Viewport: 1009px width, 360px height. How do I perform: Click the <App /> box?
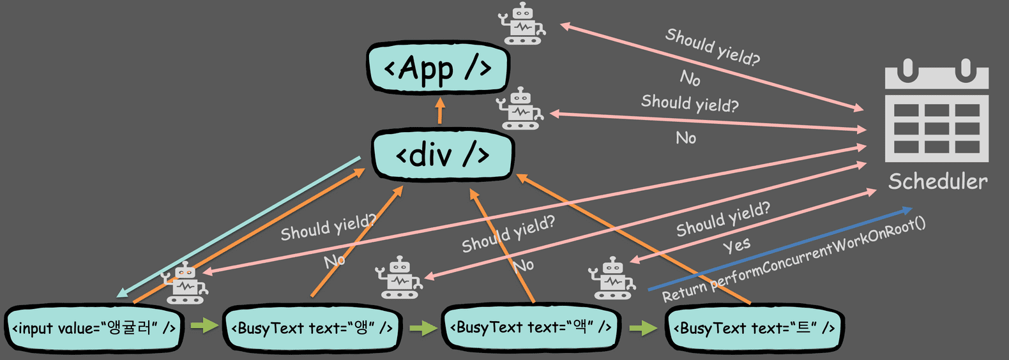[438, 68]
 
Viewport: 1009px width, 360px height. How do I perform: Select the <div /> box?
[443, 154]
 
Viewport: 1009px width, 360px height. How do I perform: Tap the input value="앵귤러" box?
[94, 329]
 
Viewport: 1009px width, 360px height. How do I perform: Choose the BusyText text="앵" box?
[312, 329]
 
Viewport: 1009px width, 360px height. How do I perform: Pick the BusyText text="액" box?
[531, 327]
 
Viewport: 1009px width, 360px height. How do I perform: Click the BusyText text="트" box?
[754, 328]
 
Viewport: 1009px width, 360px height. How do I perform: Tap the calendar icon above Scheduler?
[936, 110]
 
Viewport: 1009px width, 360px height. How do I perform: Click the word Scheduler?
[938, 182]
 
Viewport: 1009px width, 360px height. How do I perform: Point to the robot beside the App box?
[522, 23]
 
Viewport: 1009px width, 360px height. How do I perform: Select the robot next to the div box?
[520, 109]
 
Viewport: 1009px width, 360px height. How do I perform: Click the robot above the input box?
[185, 283]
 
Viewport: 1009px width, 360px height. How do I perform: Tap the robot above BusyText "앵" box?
[399, 278]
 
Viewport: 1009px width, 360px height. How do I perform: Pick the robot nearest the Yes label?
[612, 278]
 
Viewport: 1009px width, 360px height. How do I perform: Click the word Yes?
[737, 246]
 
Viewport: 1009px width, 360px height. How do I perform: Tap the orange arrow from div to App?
[440, 110]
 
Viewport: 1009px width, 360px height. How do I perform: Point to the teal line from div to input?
[238, 227]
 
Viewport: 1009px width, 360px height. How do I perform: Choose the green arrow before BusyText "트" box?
[643, 327]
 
